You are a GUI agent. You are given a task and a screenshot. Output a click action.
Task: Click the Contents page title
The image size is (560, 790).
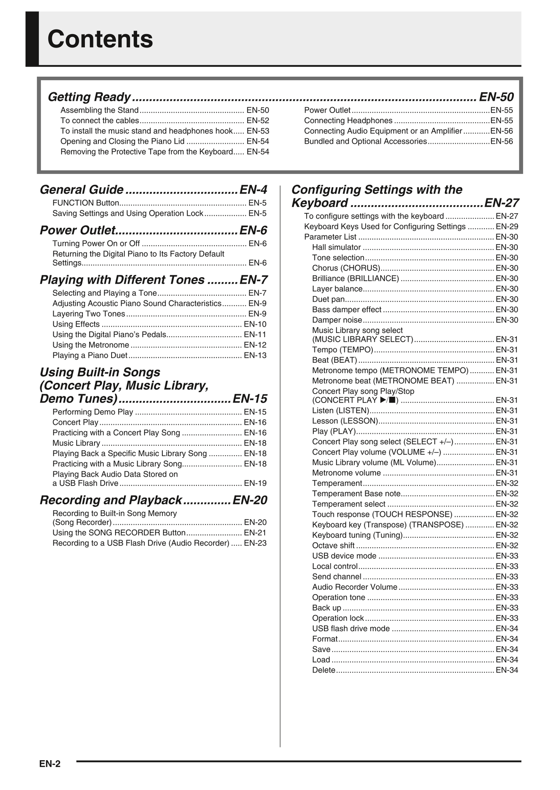(x=100, y=39)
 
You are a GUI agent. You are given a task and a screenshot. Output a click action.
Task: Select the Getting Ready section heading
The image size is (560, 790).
(x=89, y=97)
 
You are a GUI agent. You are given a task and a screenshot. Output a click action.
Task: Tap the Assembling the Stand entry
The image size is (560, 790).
(x=100, y=110)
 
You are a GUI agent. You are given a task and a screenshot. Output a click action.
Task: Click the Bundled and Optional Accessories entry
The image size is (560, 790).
(x=365, y=141)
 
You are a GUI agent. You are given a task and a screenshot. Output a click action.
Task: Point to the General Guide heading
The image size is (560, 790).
(x=82, y=190)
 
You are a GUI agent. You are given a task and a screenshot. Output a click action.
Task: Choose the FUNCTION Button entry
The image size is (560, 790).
(x=86, y=203)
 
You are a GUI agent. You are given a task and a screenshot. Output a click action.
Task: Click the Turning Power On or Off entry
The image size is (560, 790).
(x=96, y=243)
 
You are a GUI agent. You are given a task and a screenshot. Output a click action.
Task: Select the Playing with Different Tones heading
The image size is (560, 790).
(x=122, y=280)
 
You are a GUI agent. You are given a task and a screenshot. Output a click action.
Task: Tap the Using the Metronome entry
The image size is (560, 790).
(x=91, y=345)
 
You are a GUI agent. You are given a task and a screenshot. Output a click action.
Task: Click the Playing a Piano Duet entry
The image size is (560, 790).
(x=90, y=355)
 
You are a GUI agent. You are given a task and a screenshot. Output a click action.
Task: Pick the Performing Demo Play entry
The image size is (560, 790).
(x=93, y=412)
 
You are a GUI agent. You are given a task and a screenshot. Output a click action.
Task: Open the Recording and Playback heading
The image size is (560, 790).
(x=111, y=500)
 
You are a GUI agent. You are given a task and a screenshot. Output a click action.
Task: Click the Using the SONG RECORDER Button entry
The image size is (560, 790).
(x=119, y=533)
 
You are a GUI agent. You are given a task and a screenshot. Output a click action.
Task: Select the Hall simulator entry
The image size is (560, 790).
(x=336, y=247)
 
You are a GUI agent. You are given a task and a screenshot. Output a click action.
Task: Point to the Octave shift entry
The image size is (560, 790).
(x=333, y=545)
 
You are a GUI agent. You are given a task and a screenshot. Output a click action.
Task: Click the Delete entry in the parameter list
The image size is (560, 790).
(x=324, y=670)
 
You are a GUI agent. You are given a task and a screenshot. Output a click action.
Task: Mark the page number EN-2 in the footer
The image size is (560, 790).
(x=50, y=764)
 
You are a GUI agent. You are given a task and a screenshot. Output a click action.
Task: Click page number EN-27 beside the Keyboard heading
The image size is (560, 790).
(x=501, y=203)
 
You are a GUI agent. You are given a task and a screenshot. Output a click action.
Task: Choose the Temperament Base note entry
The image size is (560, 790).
(x=356, y=494)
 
